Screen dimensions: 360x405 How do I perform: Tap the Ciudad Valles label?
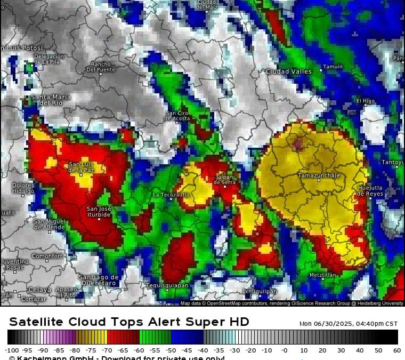coord(288,71)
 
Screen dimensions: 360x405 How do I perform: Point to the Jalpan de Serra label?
coord(224,179)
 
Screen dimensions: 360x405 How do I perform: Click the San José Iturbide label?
coord(99,211)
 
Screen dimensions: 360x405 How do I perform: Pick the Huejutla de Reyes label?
coord(370,190)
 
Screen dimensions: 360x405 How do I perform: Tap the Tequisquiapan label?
coord(167,285)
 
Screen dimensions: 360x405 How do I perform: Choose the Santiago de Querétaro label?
coord(98,279)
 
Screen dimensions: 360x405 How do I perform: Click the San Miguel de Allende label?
coord(50,224)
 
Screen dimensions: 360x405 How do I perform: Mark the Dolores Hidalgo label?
coord(23,188)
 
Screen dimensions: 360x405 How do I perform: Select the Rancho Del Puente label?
coord(101,66)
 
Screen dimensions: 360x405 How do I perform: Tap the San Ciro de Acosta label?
coord(177,115)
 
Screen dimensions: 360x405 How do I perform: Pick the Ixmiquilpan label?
coord(260,291)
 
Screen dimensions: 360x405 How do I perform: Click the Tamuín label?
coord(333,67)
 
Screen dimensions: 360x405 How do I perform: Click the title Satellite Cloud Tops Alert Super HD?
coord(129,322)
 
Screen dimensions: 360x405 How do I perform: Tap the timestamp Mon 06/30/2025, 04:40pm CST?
coord(349,323)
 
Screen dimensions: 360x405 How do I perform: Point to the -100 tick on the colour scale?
coord(12,350)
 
